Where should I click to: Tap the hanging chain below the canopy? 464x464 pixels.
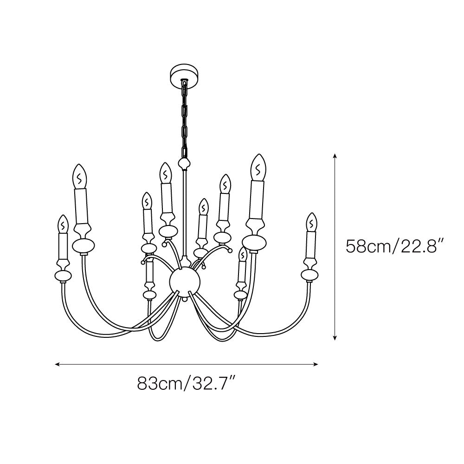click(x=184, y=118)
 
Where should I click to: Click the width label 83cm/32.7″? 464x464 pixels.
click(x=187, y=384)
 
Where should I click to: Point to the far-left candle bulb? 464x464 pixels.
click(x=63, y=224)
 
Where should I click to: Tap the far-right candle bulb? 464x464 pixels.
click(x=312, y=222)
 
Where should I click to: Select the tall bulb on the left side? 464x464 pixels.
click(x=80, y=176)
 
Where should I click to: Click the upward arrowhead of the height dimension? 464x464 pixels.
click(x=335, y=156)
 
